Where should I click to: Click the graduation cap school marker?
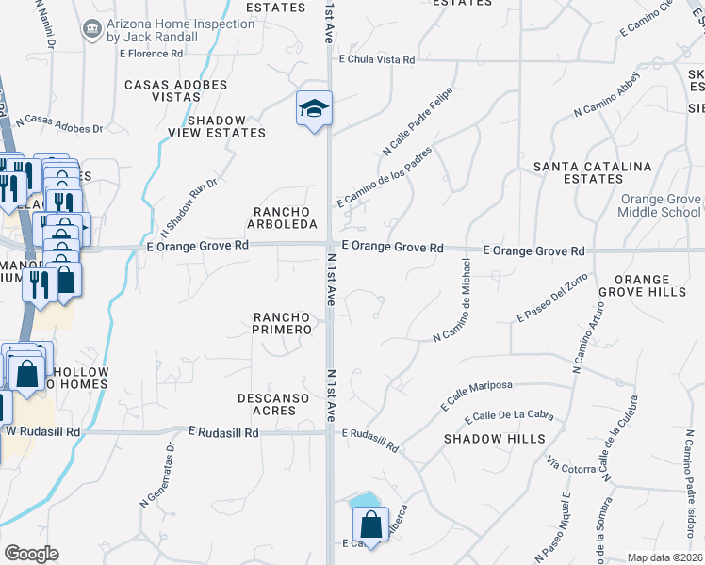click(314, 110)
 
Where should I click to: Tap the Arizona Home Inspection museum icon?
click(92, 29)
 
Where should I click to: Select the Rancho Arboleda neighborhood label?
click(281, 217)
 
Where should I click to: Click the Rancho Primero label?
click(282, 323)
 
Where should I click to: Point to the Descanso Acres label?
click(274, 405)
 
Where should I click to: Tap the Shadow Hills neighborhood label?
click(494, 439)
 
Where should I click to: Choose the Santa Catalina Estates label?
click(592, 172)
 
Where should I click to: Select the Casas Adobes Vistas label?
click(176, 91)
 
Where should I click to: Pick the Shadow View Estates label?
click(226, 126)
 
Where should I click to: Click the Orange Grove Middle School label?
click(660, 205)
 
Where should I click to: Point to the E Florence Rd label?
click(156, 54)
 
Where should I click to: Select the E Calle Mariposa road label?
click(476, 395)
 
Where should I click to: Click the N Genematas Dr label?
click(158, 475)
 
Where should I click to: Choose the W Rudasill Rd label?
click(43, 431)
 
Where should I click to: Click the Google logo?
click(31, 554)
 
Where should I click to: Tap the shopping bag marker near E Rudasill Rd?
click(370, 525)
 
